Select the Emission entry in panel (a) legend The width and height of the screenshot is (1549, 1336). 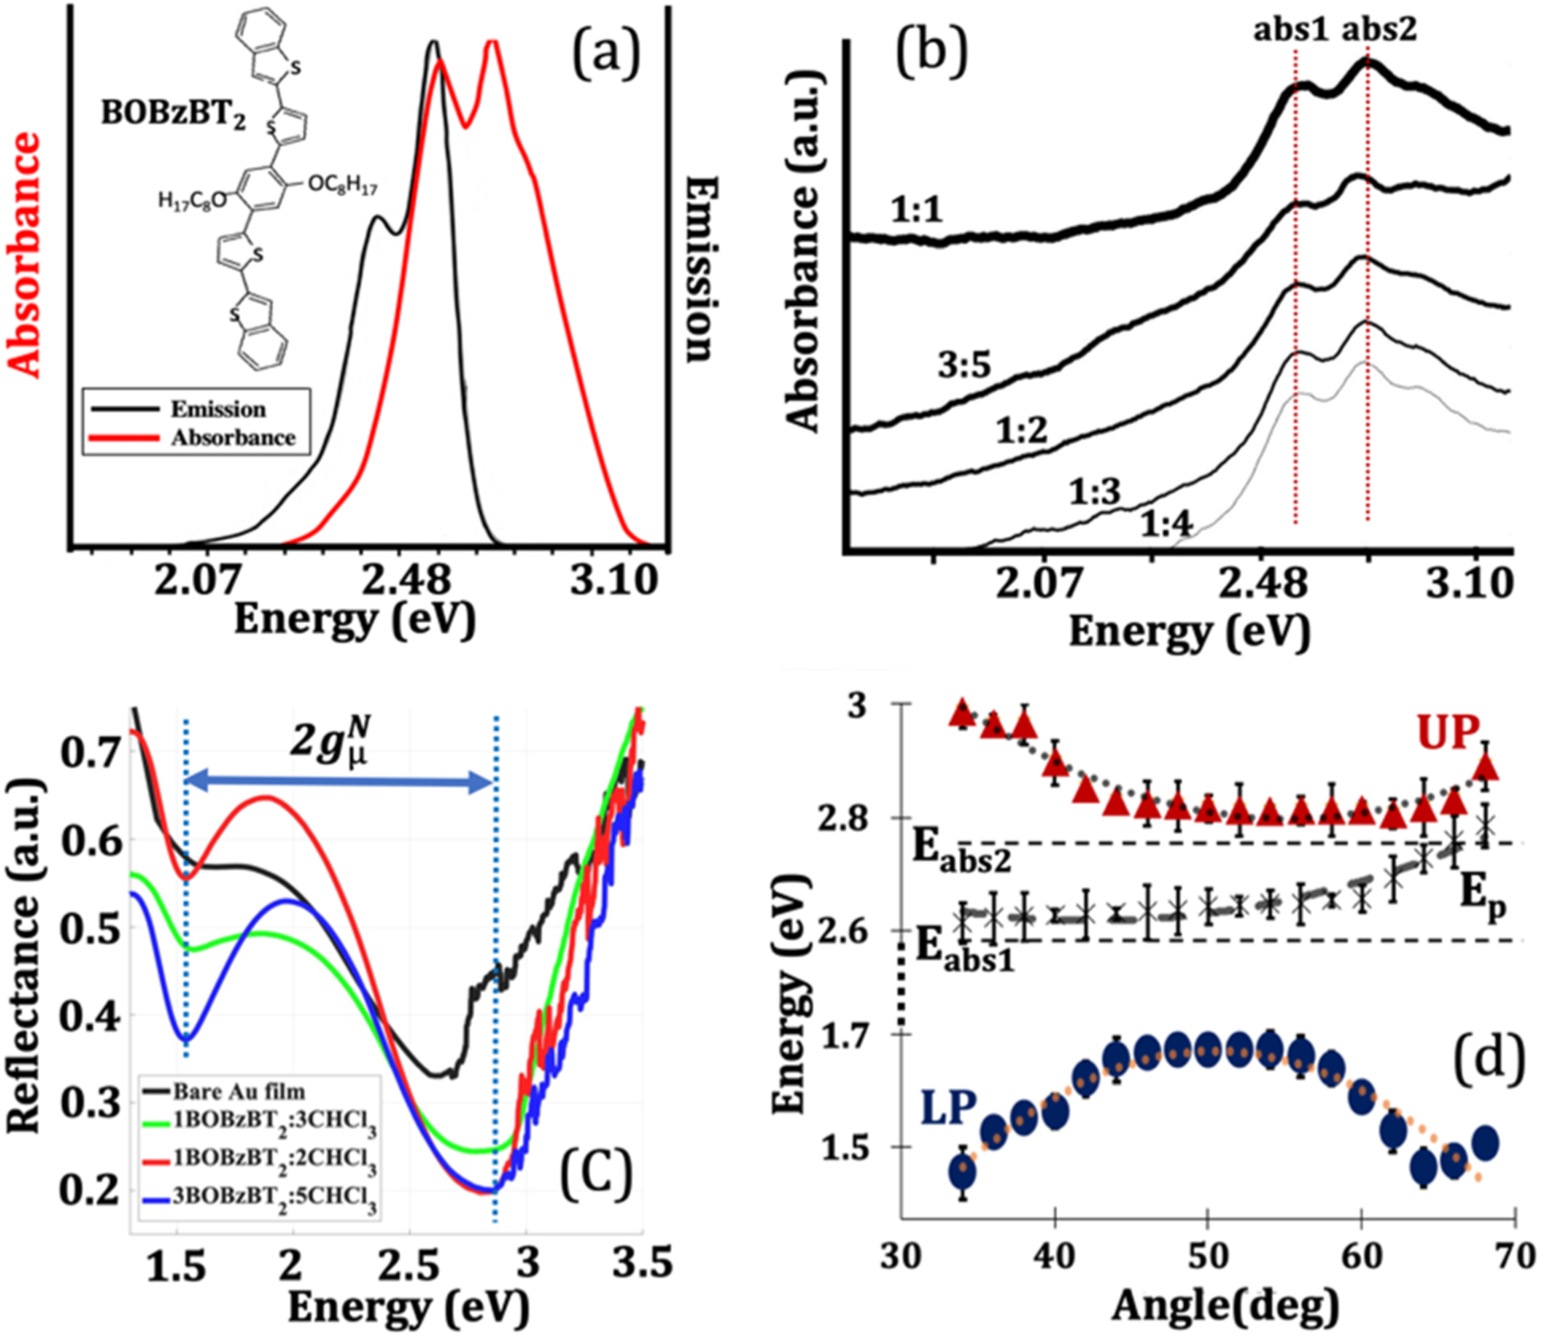click(218, 410)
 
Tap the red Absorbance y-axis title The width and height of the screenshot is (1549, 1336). click(26, 255)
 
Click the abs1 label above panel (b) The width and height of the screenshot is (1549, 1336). click(1291, 31)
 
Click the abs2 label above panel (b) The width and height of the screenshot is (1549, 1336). click(1379, 31)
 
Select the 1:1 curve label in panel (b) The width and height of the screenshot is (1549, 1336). click(916, 211)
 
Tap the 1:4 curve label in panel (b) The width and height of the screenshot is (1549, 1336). click(1165, 524)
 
